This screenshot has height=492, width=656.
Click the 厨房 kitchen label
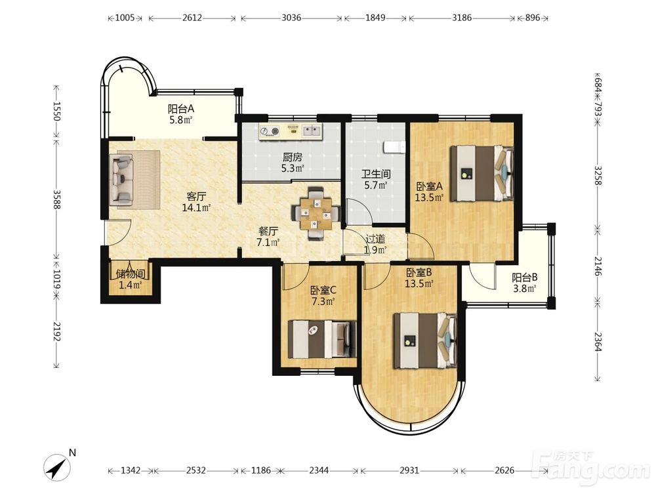(x=292, y=157)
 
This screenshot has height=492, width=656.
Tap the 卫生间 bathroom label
(x=376, y=174)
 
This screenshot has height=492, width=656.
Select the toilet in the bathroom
(x=394, y=147)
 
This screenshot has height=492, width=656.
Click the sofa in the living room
(x=122, y=180)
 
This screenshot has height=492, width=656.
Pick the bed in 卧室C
(x=322, y=339)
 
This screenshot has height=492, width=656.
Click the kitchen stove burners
(x=270, y=131)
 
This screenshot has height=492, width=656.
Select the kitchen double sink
(x=311, y=131)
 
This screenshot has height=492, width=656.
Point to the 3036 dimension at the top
(x=291, y=18)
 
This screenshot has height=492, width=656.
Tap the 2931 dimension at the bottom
(x=409, y=470)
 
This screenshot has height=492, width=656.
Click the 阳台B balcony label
(x=524, y=277)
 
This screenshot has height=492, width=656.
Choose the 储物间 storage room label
(x=130, y=274)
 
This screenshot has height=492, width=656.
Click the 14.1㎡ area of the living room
(x=195, y=207)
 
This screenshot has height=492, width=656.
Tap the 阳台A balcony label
(x=181, y=109)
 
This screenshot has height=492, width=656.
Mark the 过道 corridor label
(x=375, y=239)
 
